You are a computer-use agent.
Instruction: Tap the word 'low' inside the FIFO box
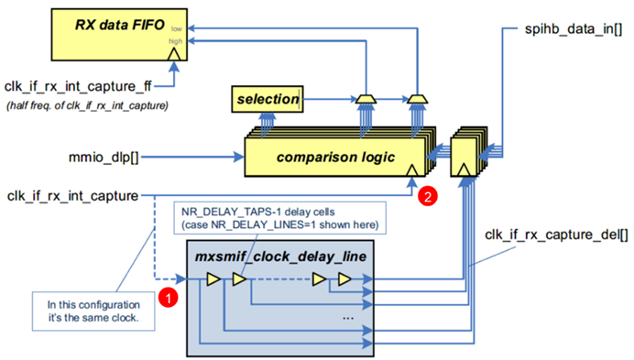[x=173, y=28]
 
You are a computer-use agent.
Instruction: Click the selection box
[x=267, y=98]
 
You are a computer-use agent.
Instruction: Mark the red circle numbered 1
[x=168, y=296]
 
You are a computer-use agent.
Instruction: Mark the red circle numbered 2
[x=425, y=196]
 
